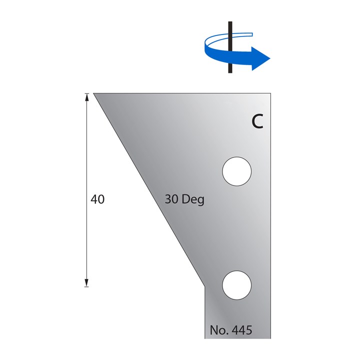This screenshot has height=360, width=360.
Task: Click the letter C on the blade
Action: pos(257,121)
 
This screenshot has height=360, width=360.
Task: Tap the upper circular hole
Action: pos(236,171)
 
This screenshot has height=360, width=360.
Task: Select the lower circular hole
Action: pos(236,285)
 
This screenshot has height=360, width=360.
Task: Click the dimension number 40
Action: pos(97,199)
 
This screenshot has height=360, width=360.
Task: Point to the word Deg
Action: pos(192,199)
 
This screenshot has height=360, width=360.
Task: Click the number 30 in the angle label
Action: pos(171,199)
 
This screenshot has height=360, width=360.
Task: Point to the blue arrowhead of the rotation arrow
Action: pos(260,58)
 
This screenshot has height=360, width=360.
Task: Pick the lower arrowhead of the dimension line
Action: pos(86,282)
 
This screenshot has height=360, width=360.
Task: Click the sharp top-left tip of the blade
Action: pos(93,93)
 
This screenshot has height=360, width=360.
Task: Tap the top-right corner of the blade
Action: pos(271,93)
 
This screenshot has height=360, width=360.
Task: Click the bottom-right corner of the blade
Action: pos(271,338)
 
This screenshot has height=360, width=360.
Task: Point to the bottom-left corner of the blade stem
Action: pos(204,338)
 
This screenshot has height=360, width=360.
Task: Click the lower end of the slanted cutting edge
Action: pos(204,286)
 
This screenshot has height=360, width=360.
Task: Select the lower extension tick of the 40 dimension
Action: pos(86,286)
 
